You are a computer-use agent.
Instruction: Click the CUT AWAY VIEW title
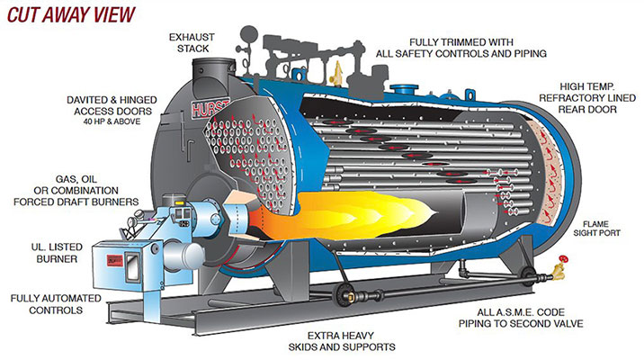tap(68, 15)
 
